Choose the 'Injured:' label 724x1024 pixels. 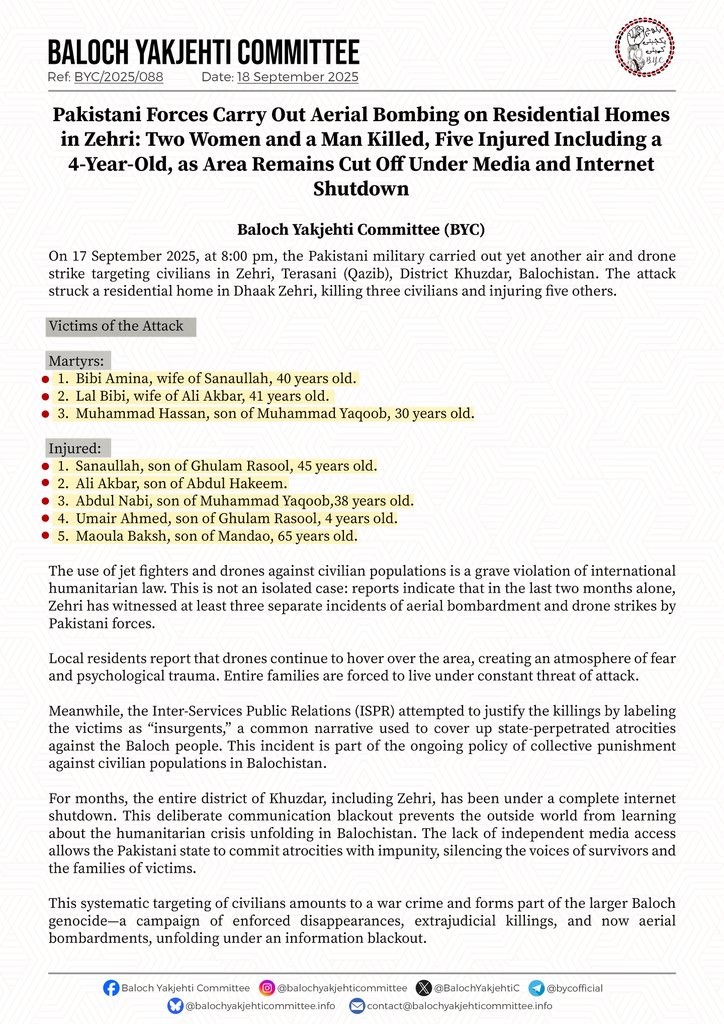coord(79,448)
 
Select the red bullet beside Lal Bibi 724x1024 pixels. coord(44,397)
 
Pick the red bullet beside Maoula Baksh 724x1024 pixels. coord(44,537)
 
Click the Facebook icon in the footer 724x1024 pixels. coord(111,988)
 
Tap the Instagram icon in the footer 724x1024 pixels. coord(267,988)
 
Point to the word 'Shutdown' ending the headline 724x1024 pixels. coord(361,187)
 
